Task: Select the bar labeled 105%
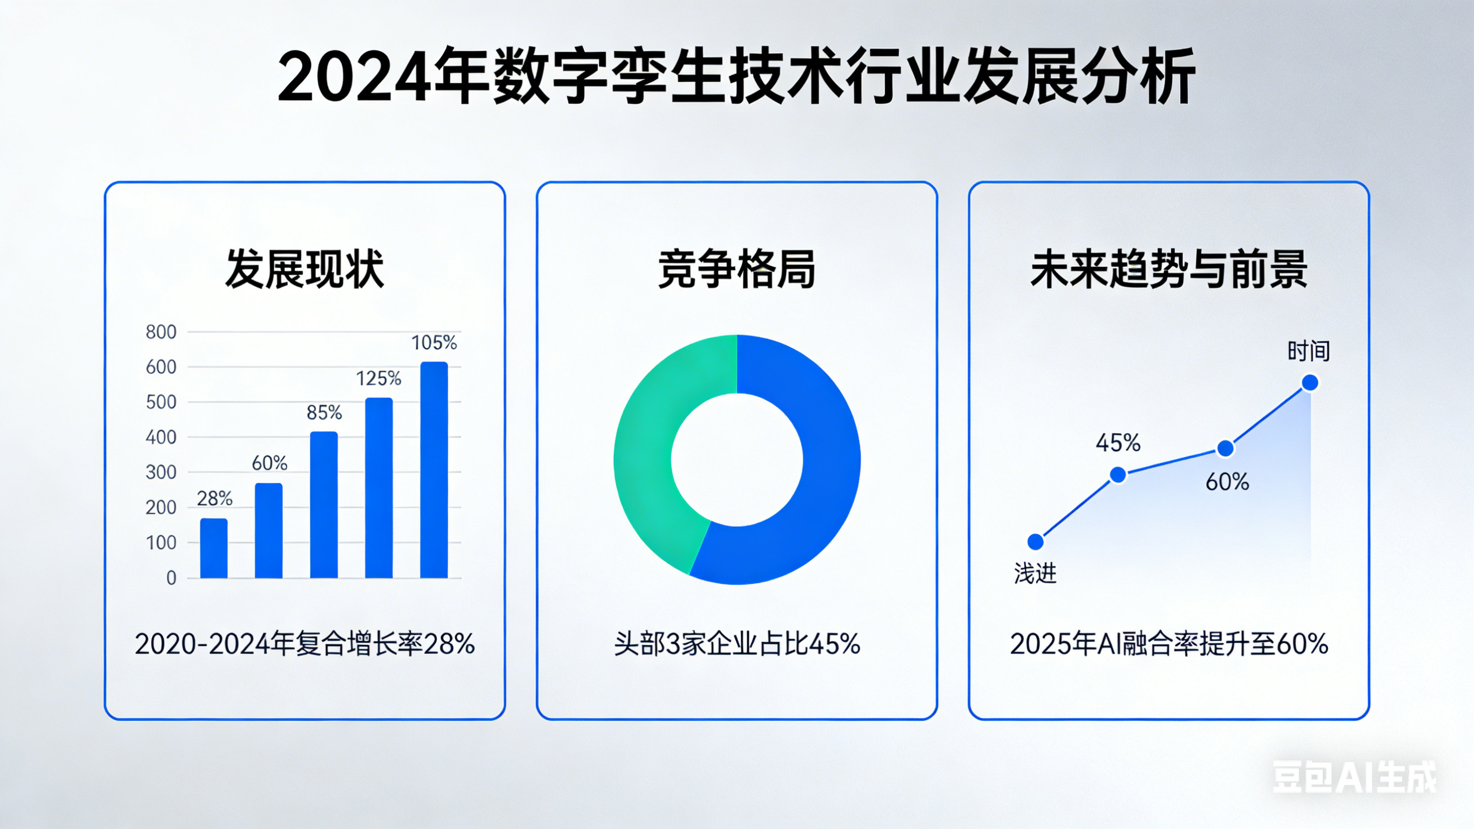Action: coord(434,469)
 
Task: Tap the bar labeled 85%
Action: coord(324,504)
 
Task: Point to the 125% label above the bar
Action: coord(378,379)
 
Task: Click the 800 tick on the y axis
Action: coord(161,332)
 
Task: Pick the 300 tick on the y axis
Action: coord(161,473)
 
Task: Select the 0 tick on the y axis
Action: coord(171,578)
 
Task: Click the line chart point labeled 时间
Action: coord(1310,382)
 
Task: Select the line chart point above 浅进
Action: coord(1035,542)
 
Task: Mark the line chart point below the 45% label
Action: coord(1118,475)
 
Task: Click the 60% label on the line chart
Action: coord(1227,482)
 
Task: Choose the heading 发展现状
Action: coord(305,269)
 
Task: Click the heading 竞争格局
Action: coord(737,269)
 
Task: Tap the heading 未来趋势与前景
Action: coord(1168,269)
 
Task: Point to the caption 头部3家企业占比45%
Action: coord(737,644)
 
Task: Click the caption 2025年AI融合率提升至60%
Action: coord(1168,644)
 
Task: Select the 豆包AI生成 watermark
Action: coord(1355,778)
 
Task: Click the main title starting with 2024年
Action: coord(736,77)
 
